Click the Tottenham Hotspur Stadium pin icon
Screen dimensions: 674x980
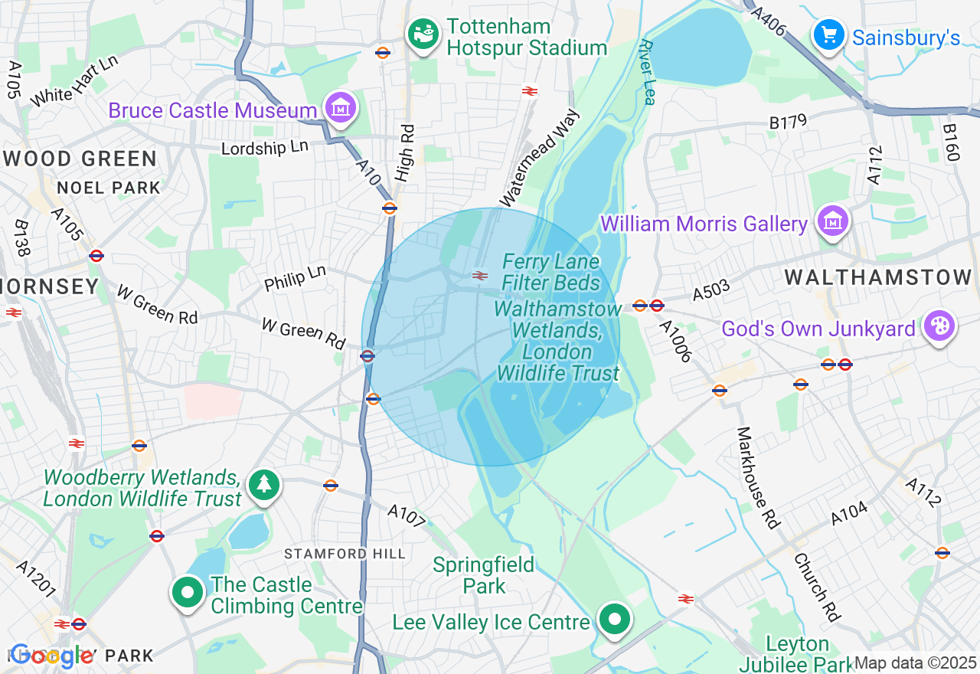pyautogui.click(x=423, y=34)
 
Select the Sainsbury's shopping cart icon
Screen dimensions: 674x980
pyautogui.click(x=828, y=35)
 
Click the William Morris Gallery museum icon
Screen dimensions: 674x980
pyautogui.click(x=832, y=222)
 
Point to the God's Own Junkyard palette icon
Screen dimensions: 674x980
pyautogui.click(x=938, y=326)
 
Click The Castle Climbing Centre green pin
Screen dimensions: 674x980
pyautogui.click(x=187, y=592)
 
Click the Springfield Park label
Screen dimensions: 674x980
pyautogui.click(x=483, y=576)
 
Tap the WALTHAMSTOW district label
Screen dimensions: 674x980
pyautogui.click(x=877, y=277)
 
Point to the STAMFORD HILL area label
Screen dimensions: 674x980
pyautogui.click(x=344, y=554)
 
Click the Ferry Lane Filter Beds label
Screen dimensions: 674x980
pyautogui.click(x=551, y=273)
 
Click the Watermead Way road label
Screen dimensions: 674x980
pyautogui.click(x=540, y=158)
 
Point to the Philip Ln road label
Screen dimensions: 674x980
pyautogui.click(x=295, y=279)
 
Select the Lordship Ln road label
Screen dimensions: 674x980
pyautogui.click(x=265, y=146)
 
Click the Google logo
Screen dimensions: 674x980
pyautogui.click(x=52, y=656)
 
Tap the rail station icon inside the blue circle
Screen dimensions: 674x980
pyautogui.click(x=480, y=276)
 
